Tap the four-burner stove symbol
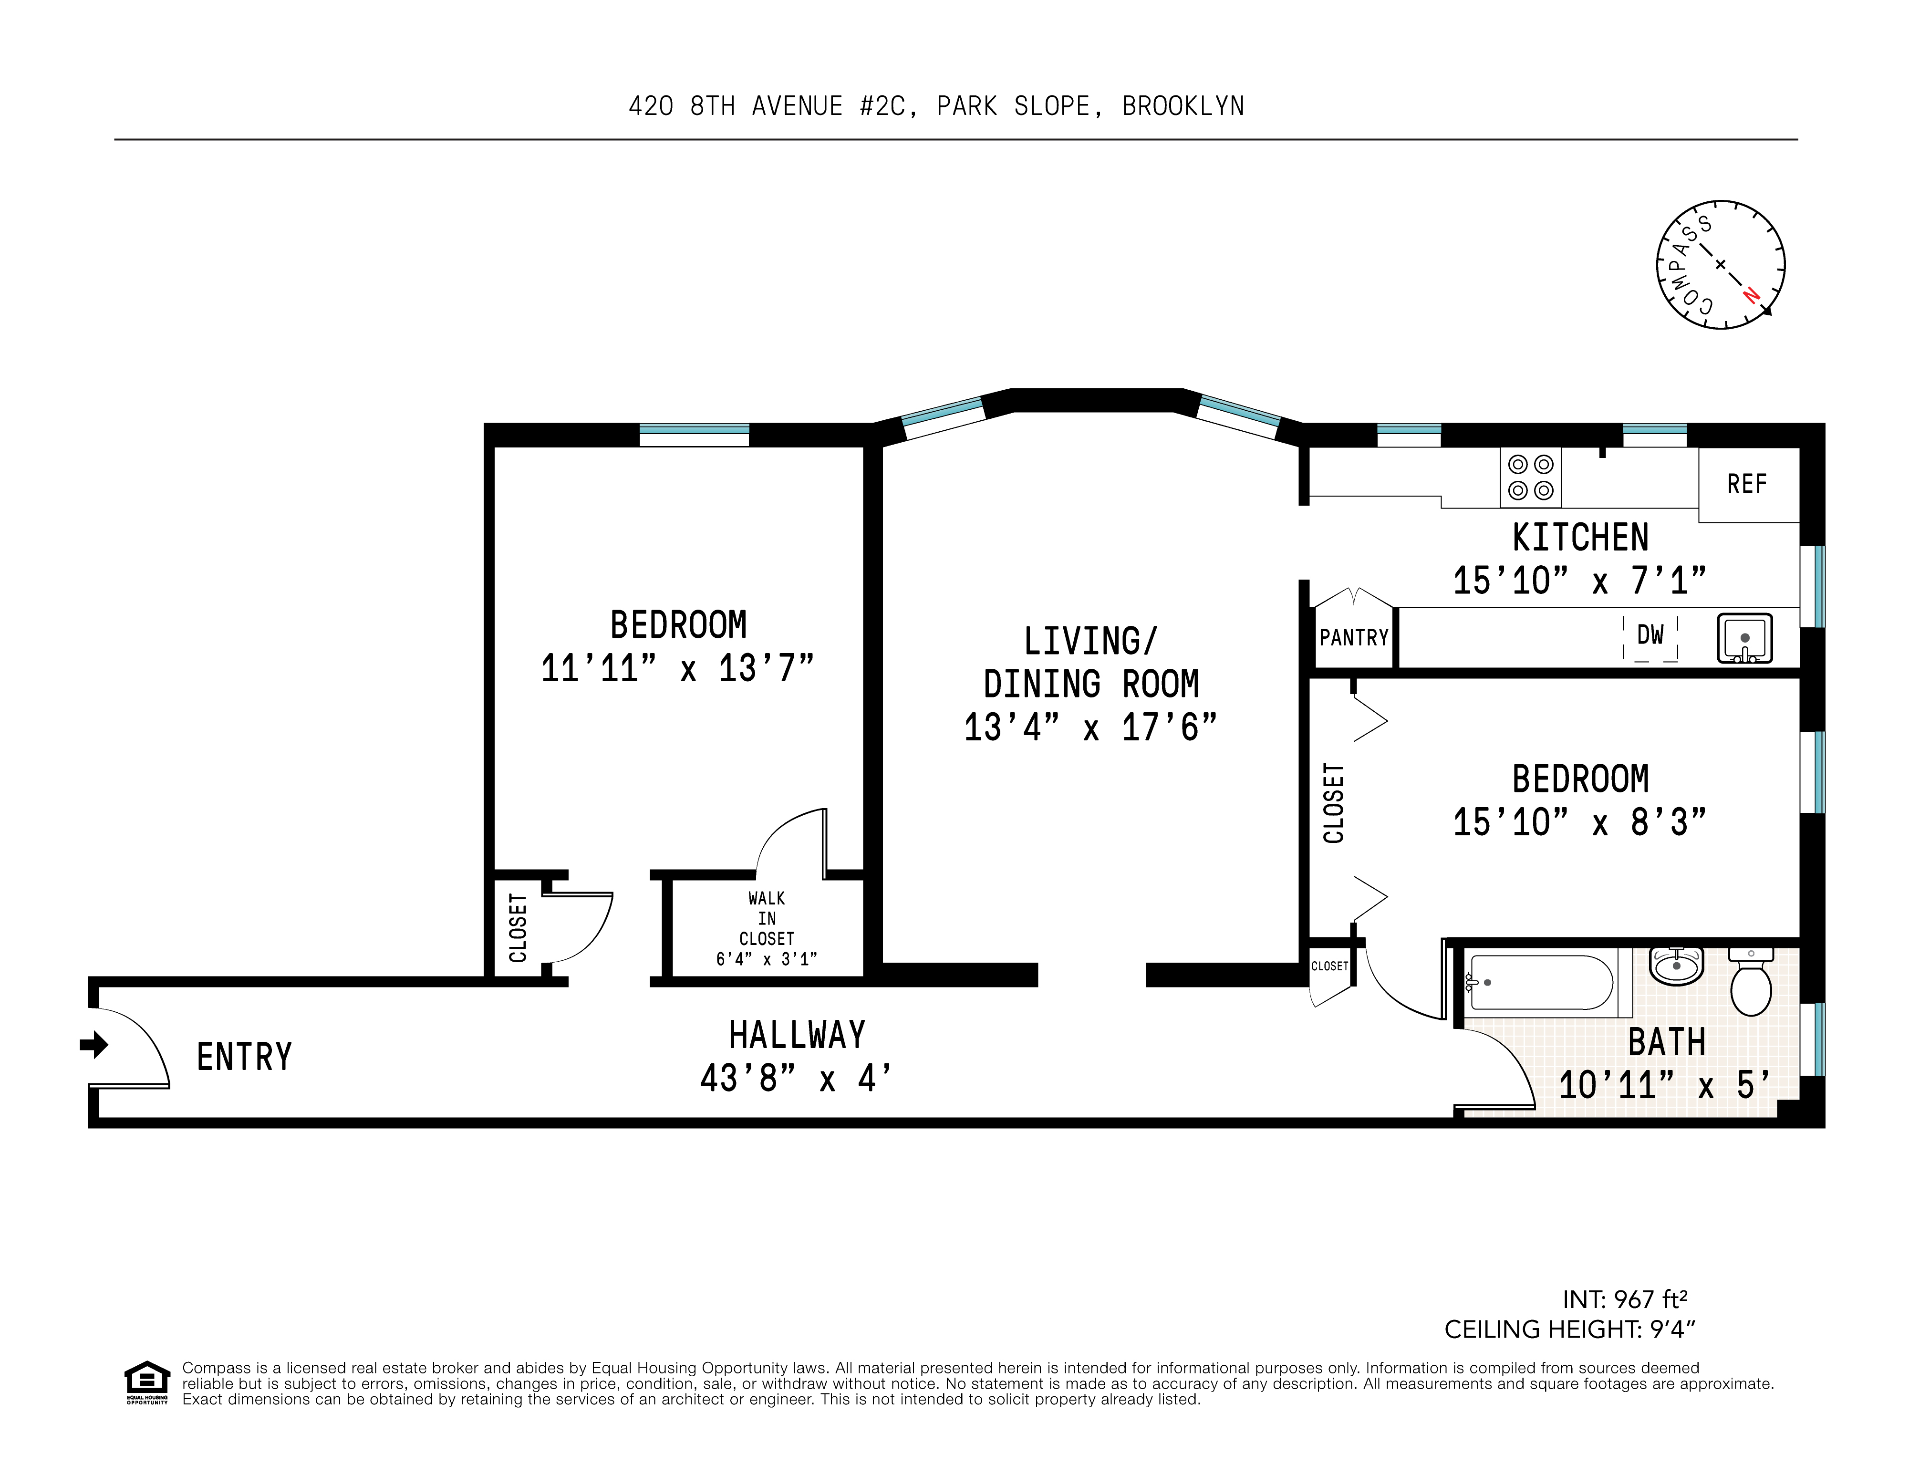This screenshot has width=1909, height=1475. [x=1531, y=478]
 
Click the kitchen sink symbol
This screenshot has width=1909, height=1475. [x=1745, y=638]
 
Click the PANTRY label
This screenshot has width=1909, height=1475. [x=1353, y=637]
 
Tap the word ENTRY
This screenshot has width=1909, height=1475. [x=244, y=1057]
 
